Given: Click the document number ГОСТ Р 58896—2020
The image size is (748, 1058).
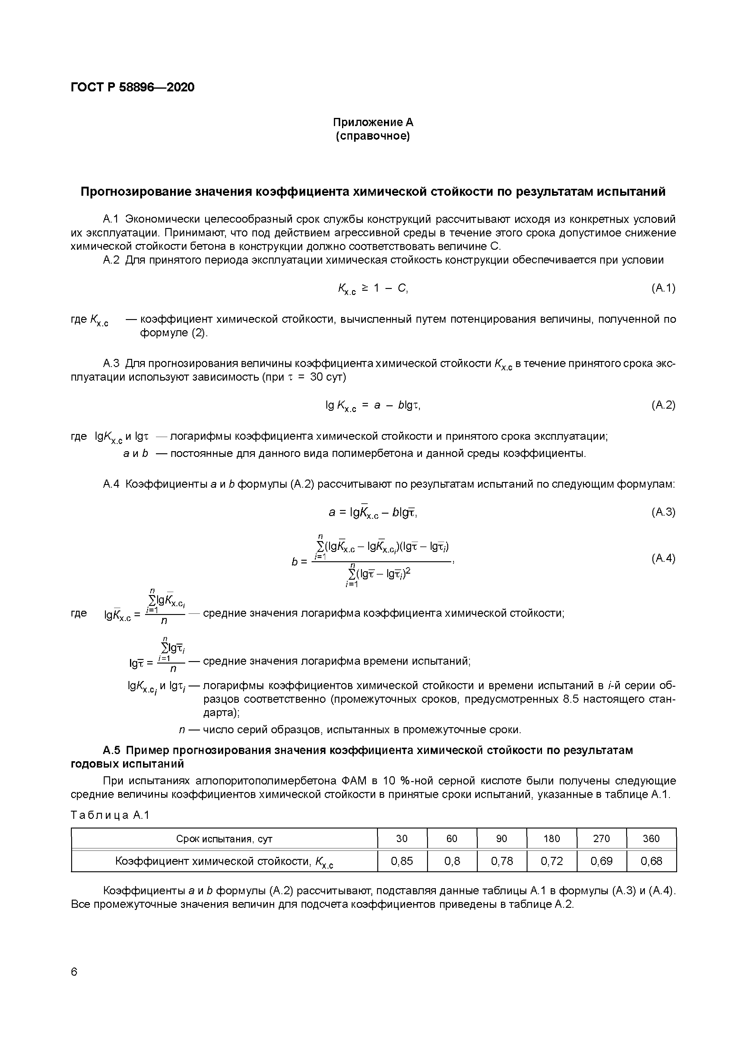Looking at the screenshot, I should [x=132, y=87].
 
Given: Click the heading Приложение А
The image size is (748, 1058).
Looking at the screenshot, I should [x=373, y=122].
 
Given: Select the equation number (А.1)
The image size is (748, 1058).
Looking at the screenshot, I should [x=663, y=288].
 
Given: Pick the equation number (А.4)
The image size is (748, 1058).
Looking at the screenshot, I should [x=663, y=559].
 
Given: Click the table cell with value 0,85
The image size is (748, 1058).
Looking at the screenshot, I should [x=402, y=861].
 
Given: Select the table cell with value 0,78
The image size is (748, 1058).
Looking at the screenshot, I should [x=502, y=861].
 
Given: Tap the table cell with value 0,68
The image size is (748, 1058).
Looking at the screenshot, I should [x=651, y=861].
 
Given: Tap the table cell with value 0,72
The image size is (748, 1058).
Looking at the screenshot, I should [x=551, y=861].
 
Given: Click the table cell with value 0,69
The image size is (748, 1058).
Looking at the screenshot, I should [x=601, y=861].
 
